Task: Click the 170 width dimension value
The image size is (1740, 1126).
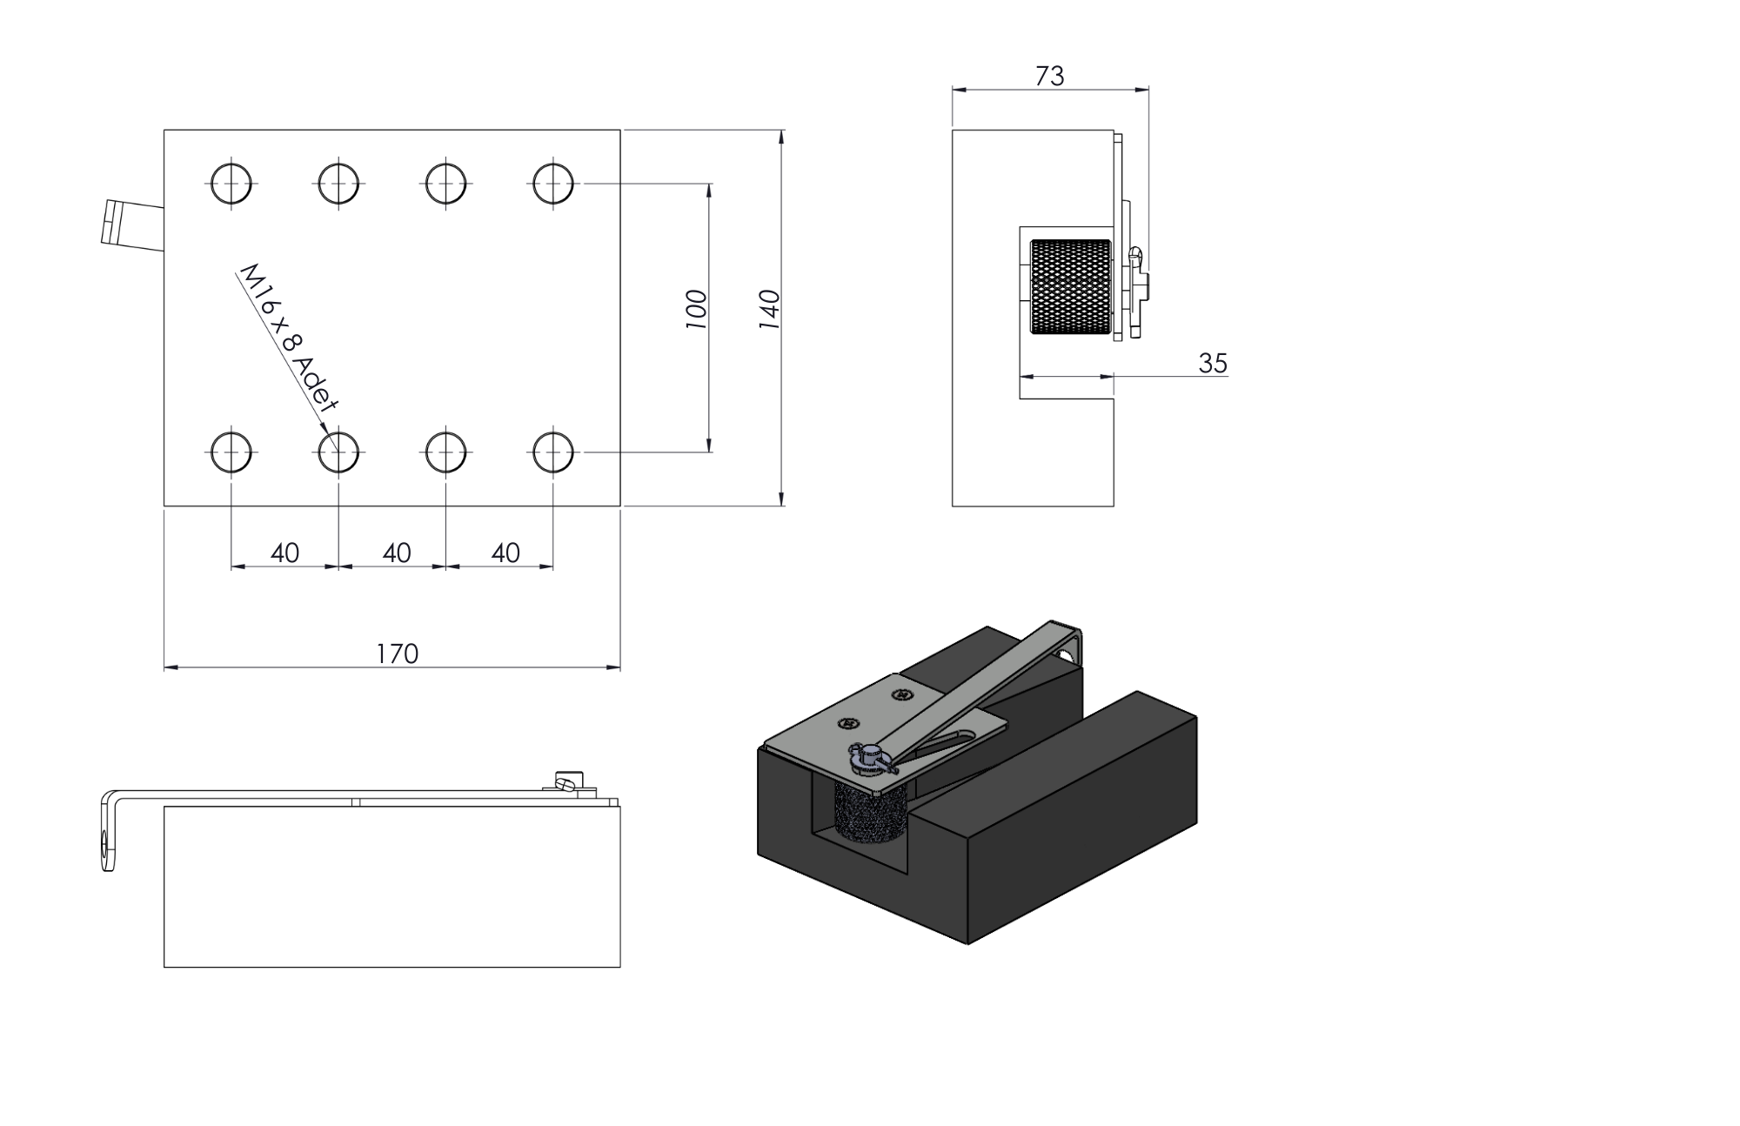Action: (x=398, y=653)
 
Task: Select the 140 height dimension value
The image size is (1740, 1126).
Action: (x=770, y=309)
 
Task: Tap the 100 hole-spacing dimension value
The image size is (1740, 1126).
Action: (x=696, y=309)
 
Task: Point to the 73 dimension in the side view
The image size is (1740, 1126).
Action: (x=1049, y=77)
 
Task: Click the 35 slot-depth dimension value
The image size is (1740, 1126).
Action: (x=1212, y=363)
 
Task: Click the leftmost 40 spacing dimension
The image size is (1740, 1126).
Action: (x=284, y=553)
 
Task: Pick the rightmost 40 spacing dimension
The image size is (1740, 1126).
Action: (x=505, y=553)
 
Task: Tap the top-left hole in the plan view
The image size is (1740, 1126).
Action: (x=231, y=184)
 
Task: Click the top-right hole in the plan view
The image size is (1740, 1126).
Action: (x=552, y=184)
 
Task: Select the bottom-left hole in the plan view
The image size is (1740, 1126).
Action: (x=231, y=452)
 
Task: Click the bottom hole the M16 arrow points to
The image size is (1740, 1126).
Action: (x=338, y=452)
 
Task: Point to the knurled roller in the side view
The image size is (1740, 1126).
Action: (x=1070, y=287)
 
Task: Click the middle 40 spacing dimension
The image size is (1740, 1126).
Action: (x=396, y=553)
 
